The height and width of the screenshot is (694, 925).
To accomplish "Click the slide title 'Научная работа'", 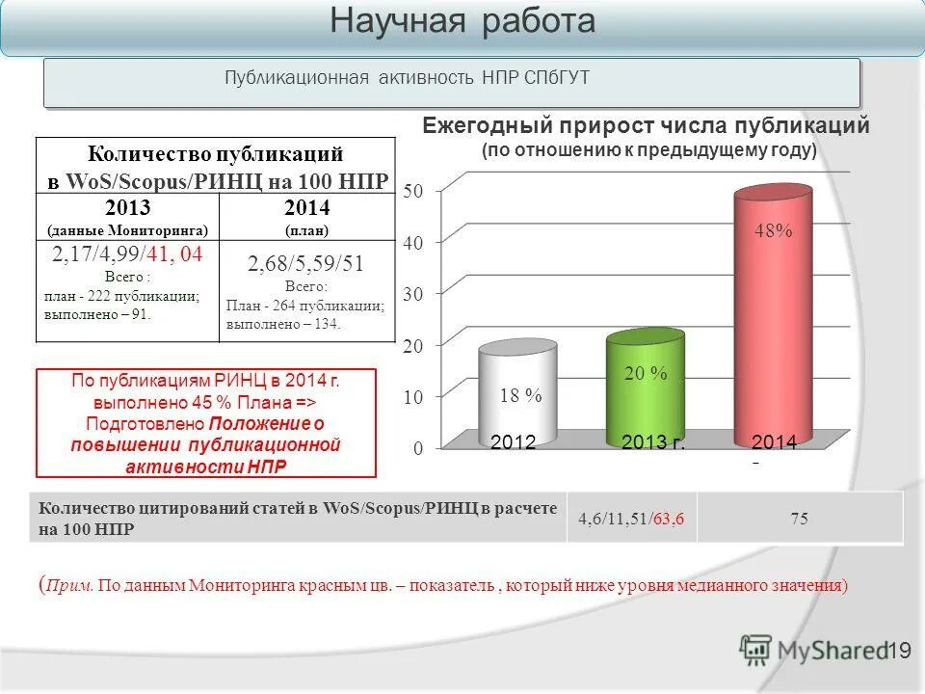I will [462, 22].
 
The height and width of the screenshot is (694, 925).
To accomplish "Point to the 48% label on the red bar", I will [773, 231].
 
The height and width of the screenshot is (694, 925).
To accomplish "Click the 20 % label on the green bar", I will [646, 374].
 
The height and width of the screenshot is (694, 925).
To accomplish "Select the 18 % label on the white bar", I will [520, 395].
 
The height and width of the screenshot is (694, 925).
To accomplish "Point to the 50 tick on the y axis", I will [411, 192].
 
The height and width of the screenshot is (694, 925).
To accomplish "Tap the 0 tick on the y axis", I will [418, 448].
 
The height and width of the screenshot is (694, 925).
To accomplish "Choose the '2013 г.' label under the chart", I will [652, 442].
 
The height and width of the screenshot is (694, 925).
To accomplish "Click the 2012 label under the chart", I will [513, 442].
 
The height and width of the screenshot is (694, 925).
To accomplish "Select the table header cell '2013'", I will [127, 208].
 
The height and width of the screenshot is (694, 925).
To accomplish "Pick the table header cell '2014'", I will [306, 208].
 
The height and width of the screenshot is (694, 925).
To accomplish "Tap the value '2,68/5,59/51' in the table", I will [305, 264].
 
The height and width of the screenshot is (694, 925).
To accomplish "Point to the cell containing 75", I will [799, 519].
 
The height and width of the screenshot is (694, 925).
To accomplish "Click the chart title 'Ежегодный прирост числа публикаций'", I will [647, 126].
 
